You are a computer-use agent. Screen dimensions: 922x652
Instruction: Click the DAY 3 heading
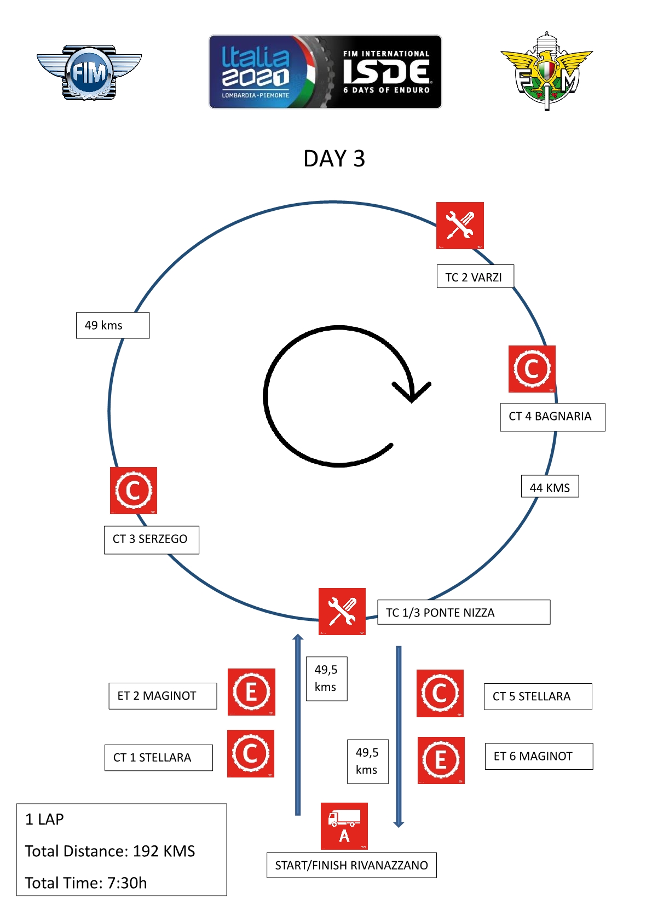(334, 159)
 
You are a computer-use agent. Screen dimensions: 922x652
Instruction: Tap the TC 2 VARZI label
(475, 277)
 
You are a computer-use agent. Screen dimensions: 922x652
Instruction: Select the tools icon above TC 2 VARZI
(460, 226)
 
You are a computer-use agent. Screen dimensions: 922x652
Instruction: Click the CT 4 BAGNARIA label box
(552, 417)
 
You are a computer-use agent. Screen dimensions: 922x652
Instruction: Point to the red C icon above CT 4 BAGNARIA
(532, 369)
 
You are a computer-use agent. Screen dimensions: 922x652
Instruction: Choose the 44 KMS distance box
(550, 487)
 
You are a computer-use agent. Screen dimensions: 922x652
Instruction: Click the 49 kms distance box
(112, 325)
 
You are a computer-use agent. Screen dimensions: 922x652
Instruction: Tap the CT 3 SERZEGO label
(151, 539)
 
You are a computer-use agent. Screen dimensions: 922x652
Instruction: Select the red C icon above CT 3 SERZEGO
(134, 491)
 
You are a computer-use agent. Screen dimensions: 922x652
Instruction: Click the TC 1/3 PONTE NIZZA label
(463, 612)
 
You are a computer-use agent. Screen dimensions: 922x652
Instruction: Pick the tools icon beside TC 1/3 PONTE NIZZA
(342, 612)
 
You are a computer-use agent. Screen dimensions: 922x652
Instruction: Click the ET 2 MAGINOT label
(162, 696)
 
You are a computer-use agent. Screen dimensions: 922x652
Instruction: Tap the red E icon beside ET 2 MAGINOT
(251, 692)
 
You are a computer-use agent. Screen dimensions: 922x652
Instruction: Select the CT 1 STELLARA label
(158, 757)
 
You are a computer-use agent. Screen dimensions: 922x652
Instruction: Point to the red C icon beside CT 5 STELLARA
(440, 693)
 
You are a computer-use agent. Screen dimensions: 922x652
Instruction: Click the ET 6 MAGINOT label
(538, 756)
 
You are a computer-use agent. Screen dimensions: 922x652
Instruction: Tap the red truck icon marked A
(344, 826)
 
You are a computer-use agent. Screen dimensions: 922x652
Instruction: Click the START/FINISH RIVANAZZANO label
(351, 865)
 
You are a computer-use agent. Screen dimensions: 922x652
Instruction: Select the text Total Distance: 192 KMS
(110, 851)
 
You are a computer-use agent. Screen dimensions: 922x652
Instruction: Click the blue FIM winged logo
(89, 72)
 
